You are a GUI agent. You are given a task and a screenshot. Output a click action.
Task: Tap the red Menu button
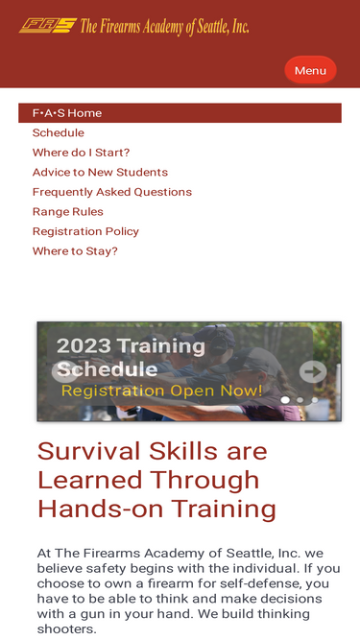310,70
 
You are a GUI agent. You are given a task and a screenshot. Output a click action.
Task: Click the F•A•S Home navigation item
67,113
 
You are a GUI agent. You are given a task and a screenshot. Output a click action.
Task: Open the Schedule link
59,132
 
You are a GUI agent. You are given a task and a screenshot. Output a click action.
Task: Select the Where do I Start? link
81,153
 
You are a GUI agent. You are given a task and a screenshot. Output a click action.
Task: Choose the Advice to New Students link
100,173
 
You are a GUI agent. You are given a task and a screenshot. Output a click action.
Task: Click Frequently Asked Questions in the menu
112,192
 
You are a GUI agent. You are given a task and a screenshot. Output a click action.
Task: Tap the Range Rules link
68,212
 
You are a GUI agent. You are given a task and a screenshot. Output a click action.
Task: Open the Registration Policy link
85,231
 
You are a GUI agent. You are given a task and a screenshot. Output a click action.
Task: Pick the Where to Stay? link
75,251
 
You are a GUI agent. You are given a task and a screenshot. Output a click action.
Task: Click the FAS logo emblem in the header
47,26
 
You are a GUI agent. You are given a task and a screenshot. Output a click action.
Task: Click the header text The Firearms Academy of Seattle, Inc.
164,26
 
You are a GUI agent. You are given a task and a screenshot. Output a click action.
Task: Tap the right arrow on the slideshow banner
313,371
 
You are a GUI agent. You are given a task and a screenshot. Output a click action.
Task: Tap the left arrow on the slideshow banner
64,371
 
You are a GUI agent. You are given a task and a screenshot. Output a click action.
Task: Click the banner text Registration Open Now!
161,391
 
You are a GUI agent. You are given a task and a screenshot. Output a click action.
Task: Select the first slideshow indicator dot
285,399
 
